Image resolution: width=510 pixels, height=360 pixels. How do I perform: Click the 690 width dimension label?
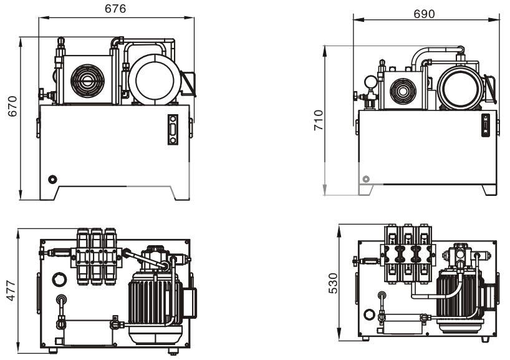coord(424,13)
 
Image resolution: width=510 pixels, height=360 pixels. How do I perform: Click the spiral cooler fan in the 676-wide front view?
coord(85,80)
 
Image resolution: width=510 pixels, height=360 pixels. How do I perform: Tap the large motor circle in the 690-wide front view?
coord(460,88)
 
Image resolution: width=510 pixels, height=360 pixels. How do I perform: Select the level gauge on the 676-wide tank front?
coord(173,130)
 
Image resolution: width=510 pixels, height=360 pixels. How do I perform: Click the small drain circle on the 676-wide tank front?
coord(53,179)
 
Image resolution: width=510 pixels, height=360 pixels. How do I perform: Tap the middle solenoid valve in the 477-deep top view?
coord(97,256)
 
